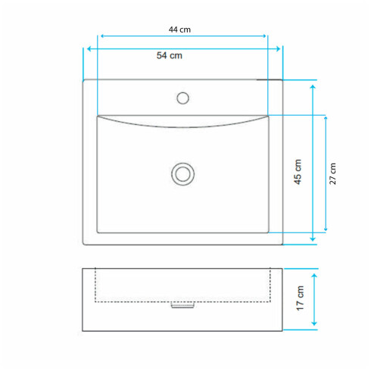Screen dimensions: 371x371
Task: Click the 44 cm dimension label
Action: click(179, 30)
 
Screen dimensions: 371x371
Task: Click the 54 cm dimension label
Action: click(170, 55)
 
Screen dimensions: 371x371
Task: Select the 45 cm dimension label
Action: click(298, 172)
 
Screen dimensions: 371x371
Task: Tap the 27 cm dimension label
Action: click(332, 173)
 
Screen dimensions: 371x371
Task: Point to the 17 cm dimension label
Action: click(300, 298)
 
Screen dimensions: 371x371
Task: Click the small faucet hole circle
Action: click(182, 98)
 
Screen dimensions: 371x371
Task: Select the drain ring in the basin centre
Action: click(182, 174)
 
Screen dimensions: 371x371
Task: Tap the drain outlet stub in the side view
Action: click(182, 305)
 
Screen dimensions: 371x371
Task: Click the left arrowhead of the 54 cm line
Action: click(89, 48)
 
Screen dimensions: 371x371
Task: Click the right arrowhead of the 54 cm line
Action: click(278, 48)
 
